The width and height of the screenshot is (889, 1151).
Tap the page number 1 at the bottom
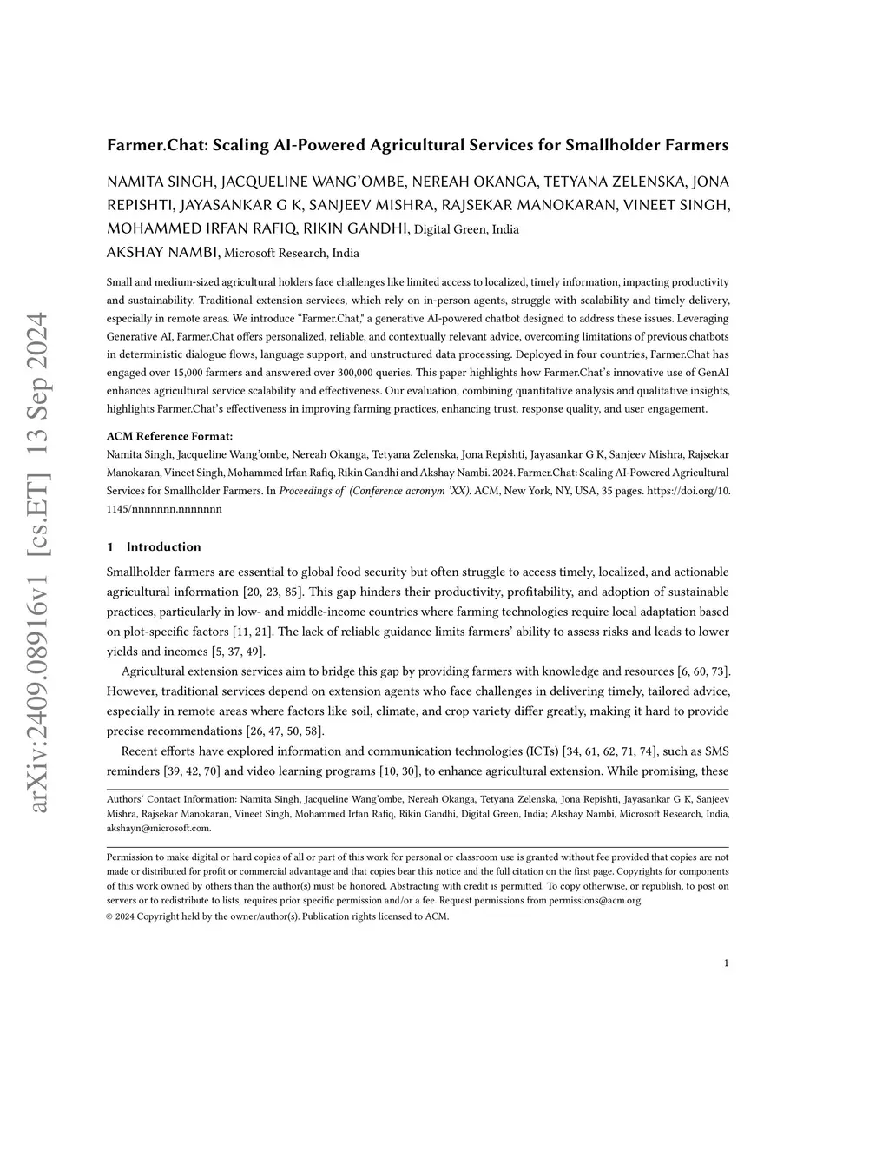pos(726,962)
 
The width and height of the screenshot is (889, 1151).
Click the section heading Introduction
pos(163,546)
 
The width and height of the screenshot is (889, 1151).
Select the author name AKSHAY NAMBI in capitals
pos(162,253)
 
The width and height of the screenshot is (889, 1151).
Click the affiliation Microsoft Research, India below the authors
pos(292,254)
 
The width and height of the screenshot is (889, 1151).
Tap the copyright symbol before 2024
pos(110,916)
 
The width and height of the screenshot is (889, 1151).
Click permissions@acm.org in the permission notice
pos(595,900)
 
